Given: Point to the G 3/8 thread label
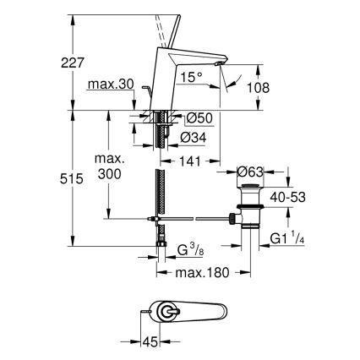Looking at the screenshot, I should coord(190,251).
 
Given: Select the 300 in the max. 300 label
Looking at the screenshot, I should coord(110,173).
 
